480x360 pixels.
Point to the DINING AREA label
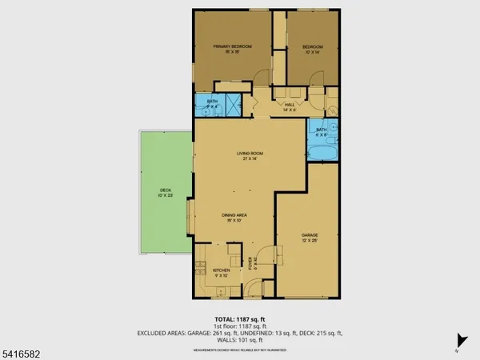(x=233, y=218)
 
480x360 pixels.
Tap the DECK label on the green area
(x=165, y=192)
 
